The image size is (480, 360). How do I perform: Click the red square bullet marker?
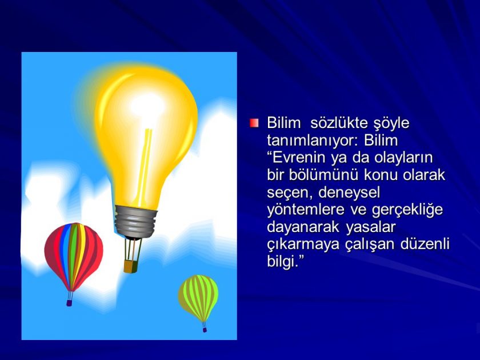(x=254, y=123)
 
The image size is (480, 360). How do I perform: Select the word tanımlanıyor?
(x=309, y=140)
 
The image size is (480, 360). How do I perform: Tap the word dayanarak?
(x=302, y=227)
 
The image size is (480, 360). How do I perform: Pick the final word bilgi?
(x=283, y=262)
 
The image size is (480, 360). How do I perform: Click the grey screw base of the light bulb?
(x=135, y=220)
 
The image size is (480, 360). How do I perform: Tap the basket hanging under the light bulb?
(x=129, y=266)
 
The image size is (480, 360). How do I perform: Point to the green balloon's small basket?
(x=204, y=329)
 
